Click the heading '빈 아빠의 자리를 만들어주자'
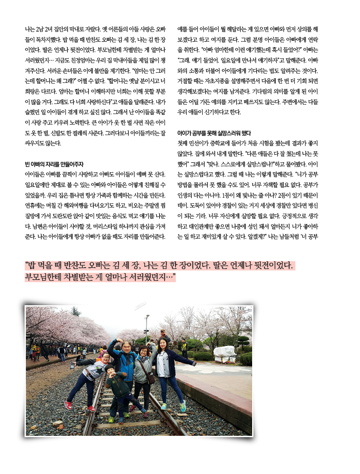(54, 164)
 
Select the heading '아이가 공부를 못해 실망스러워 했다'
(214, 133)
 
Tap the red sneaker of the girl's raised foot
(68, 404)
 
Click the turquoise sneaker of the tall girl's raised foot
(183, 405)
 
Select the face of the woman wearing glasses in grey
(143, 351)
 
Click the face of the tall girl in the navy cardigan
(163, 343)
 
